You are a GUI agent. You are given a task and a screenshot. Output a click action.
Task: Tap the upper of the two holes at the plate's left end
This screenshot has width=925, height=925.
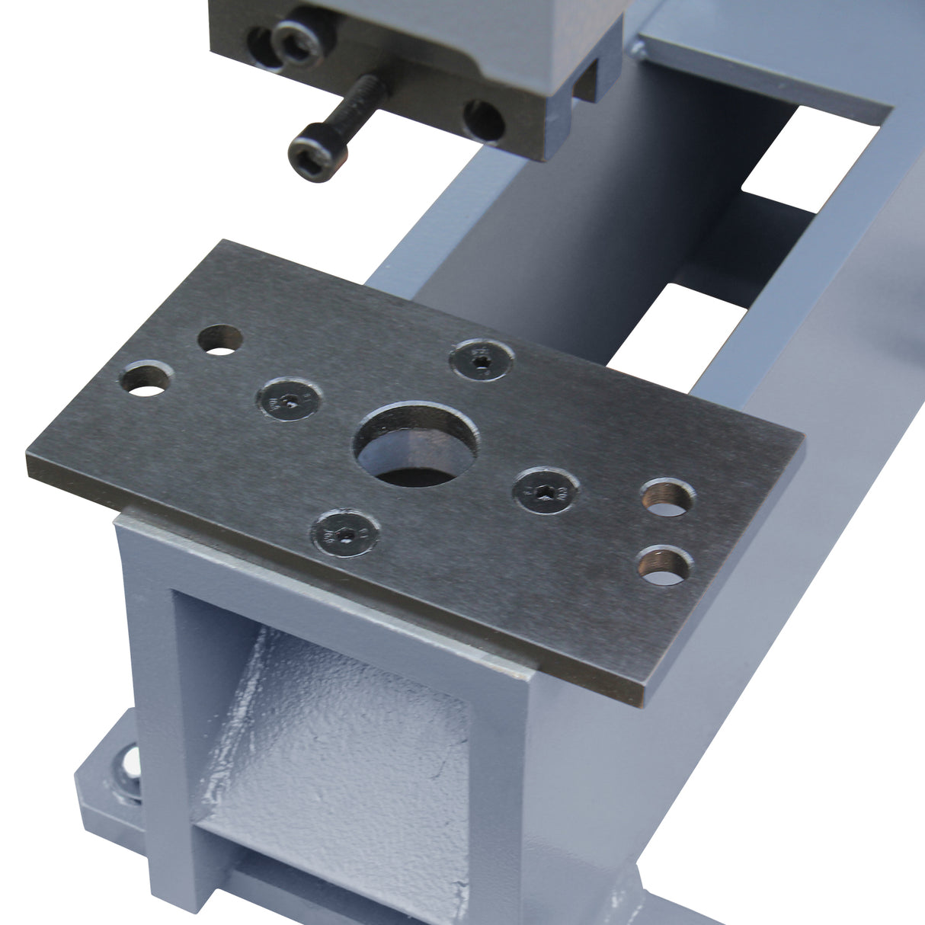coord(220,341)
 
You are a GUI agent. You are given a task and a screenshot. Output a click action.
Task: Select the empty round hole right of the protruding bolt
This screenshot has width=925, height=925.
coord(484,119)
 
